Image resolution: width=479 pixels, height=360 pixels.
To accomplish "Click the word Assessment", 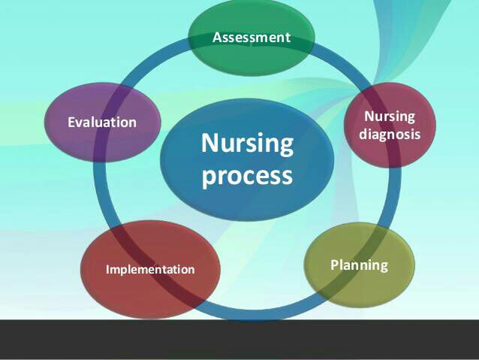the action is (252, 38).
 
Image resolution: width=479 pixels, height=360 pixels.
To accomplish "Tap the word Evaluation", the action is (102, 122).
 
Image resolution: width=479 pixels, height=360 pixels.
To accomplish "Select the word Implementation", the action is (150, 270).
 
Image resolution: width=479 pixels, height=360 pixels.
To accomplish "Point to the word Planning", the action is (359, 265).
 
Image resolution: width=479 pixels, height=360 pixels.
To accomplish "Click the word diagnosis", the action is (390, 134).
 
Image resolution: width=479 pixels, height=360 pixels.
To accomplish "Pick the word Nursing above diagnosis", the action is (390, 116).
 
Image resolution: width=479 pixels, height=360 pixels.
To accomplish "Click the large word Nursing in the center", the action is (247, 143).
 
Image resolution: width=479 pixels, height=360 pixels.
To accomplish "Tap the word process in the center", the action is (247, 175).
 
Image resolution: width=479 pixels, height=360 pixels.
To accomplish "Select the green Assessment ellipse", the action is (252, 38).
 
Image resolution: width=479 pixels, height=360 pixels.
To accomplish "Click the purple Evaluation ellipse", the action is (103, 122).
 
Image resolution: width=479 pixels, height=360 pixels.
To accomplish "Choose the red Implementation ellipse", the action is (150, 270).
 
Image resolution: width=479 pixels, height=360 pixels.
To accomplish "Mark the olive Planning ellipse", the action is (359, 265).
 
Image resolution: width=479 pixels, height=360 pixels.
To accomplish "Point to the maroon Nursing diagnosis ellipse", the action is (390, 125).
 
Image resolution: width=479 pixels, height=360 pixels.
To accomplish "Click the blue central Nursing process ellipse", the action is (247, 159).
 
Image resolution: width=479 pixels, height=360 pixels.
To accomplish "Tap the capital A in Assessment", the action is (217, 38).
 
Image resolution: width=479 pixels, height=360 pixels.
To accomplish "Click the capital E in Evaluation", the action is (71, 122).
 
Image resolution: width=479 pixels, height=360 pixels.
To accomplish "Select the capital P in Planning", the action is (335, 265).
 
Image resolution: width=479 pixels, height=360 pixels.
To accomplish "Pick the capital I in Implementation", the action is (107, 270).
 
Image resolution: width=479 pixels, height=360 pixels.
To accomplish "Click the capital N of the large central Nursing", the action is (209, 143).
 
